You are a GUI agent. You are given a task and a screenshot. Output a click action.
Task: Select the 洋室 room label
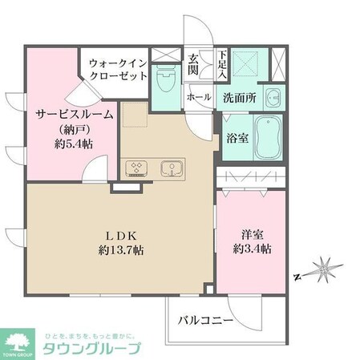pos(253,235)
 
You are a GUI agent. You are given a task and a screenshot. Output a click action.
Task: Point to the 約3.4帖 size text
pos(253,249)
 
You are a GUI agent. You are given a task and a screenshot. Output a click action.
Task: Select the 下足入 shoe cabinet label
pos(223,64)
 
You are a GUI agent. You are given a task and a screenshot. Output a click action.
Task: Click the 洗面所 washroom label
pos(239,98)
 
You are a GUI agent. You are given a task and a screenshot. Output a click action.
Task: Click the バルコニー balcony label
pos(207,320)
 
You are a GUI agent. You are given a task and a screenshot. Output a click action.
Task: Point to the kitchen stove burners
pos(134,168)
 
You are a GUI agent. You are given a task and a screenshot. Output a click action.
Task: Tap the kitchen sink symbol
pos(170,168)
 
